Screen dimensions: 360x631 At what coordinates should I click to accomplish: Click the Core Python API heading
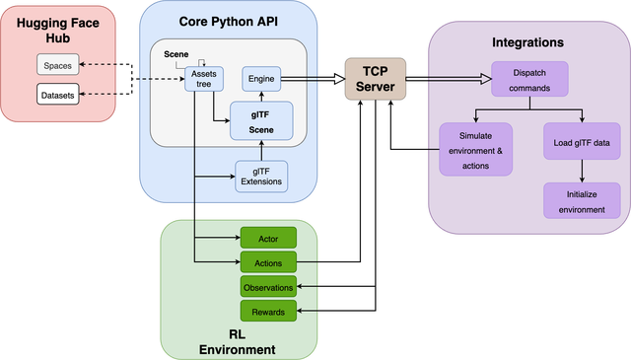227,21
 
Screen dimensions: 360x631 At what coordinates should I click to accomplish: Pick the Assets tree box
205,79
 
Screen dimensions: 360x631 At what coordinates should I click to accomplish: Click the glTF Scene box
260,121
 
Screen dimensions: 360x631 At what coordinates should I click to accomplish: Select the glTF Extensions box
260,176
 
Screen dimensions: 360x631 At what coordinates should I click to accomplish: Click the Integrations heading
527,42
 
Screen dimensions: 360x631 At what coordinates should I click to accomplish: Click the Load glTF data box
582,141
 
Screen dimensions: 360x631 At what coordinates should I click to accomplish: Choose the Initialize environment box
582,201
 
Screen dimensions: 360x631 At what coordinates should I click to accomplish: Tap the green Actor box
268,238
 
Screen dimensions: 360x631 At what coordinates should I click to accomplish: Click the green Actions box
268,262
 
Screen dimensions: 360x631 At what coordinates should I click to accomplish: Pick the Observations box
268,288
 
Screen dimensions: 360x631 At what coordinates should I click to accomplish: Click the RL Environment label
237,341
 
